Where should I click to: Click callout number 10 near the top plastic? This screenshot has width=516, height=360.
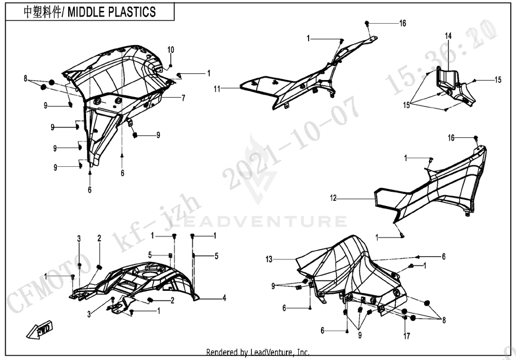tap(171, 50)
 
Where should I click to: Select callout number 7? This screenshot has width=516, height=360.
tap(183, 98)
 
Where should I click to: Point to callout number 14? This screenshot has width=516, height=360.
tap(448, 36)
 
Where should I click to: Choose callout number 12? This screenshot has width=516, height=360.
tap(333, 198)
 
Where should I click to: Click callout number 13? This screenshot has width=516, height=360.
tap(269, 258)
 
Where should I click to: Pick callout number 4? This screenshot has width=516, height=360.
tap(224, 298)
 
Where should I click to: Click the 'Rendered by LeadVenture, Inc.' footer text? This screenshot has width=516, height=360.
tap(257, 353)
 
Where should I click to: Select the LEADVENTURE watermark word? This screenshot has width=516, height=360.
tap(258, 222)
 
